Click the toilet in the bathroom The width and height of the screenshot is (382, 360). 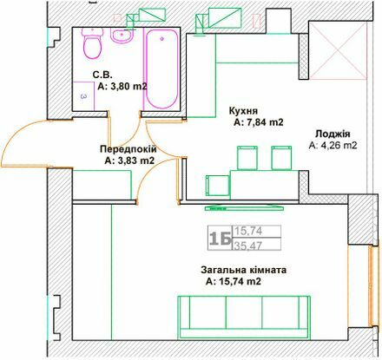pos(89,44)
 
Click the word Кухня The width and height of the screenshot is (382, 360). pos(241,111)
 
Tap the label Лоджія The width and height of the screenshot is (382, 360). pos(333,134)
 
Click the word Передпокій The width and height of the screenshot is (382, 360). pos(127,148)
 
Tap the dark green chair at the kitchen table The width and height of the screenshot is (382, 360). pos(216,185)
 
